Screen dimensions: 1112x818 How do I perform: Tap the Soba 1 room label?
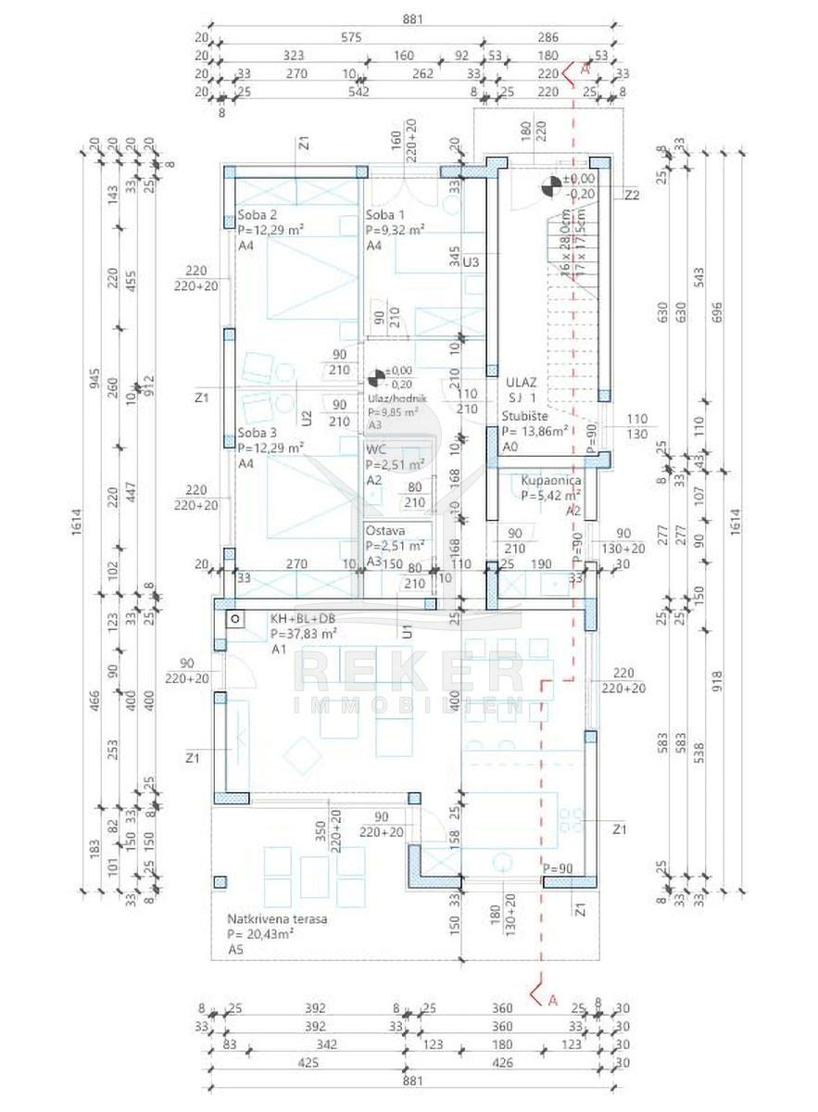click(x=382, y=214)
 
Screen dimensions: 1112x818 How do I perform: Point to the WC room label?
click(x=375, y=451)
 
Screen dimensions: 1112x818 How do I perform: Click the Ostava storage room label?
click(x=384, y=531)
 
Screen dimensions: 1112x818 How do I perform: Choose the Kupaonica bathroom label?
click(x=551, y=482)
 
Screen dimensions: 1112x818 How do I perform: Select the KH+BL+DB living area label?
click(x=303, y=619)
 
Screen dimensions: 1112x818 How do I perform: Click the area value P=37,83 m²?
click(x=303, y=635)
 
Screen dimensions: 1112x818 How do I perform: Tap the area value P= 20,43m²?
click(x=261, y=935)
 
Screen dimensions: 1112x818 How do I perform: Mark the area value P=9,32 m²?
click(x=396, y=230)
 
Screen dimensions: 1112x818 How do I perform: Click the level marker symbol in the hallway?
click(x=376, y=377)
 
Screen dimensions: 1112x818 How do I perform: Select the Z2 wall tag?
click(x=632, y=196)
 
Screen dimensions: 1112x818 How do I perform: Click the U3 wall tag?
click(x=471, y=262)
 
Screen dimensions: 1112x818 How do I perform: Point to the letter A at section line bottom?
click(x=553, y=1000)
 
